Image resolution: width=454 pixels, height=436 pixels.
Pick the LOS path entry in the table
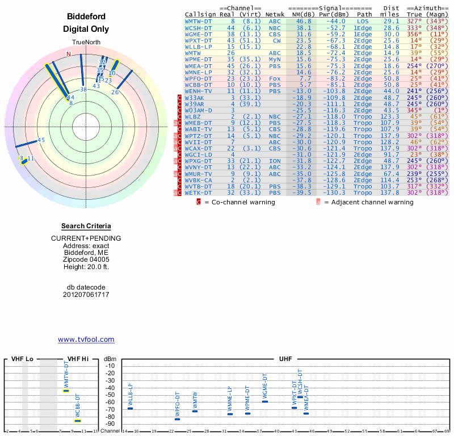[x=363, y=21]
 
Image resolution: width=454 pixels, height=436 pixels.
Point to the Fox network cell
[x=275, y=78]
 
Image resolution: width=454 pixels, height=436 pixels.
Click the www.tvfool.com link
[x=86, y=339]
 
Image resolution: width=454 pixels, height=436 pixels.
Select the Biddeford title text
[x=86, y=16]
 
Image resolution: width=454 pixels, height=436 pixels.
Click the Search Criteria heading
[x=86, y=226]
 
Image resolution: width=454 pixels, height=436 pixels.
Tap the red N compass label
[x=69, y=54]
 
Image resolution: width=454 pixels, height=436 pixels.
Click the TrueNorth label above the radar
[x=86, y=43]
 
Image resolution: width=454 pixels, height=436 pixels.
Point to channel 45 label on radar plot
[x=41, y=140]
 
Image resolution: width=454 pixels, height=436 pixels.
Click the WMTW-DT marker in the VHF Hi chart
[x=66, y=391]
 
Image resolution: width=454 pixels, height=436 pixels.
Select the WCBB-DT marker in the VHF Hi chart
[x=78, y=421]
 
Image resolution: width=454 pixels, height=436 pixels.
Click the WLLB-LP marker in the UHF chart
[x=130, y=408]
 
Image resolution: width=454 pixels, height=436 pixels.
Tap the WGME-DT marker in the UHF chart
[x=265, y=401]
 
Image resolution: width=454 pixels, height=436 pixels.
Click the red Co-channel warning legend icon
[x=199, y=202]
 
